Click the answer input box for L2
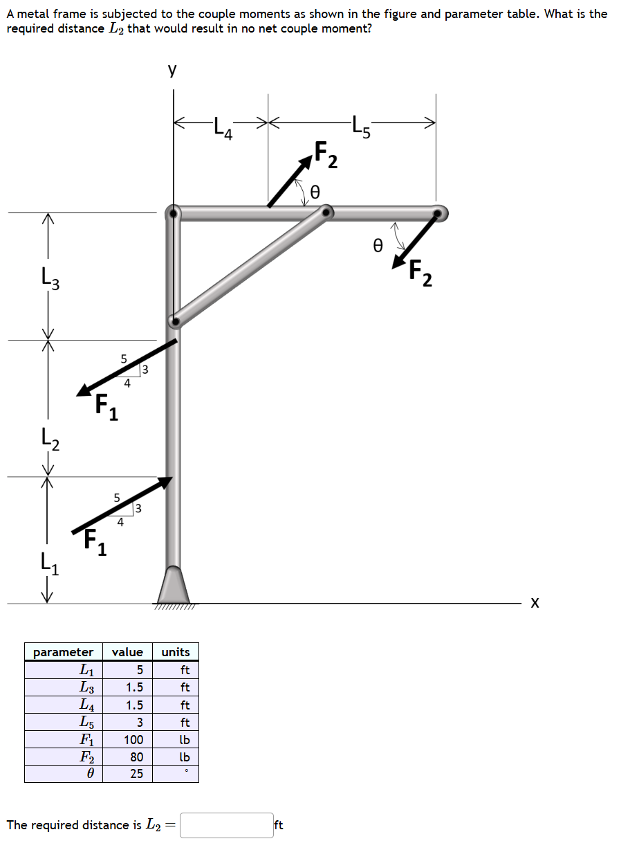(227, 825)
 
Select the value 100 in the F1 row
(133, 740)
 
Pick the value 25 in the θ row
(137, 774)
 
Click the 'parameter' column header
(63, 652)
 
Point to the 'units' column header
(176, 652)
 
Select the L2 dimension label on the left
(46, 438)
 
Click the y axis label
(172, 69)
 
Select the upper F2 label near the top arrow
(326, 154)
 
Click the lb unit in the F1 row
(185, 740)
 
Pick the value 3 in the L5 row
(139, 723)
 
